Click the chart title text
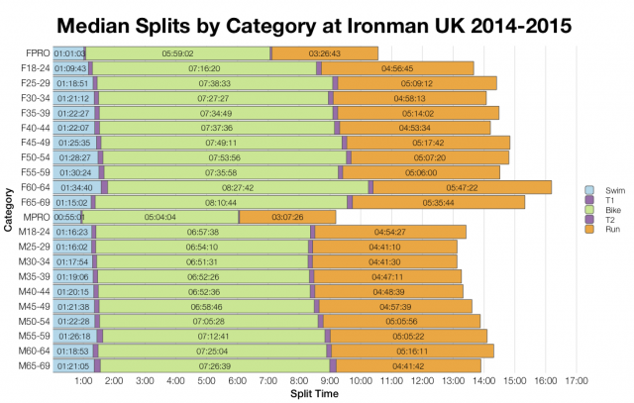[x=317, y=21]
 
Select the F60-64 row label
[x=35, y=187]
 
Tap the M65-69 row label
[x=34, y=366]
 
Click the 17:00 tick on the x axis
[x=577, y=381]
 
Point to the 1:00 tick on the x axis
[x=83, y=381]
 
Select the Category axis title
[x=8, y=210]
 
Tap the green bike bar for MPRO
[x=160, y=217]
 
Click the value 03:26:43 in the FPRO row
[x=325, y=52]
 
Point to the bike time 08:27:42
[x=238, y=187]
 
